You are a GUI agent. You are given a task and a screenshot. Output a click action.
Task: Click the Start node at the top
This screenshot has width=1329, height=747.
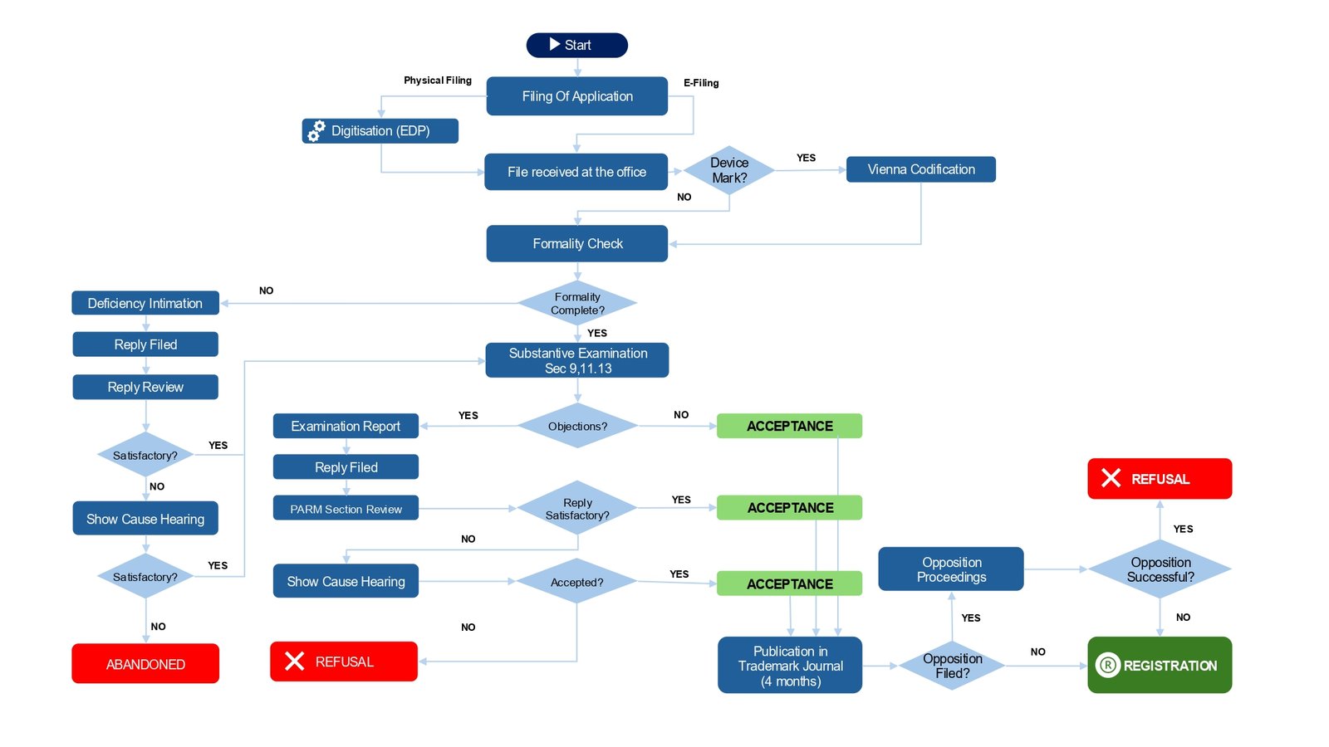point(576,45)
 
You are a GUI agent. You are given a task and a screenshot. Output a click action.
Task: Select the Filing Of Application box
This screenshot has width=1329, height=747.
point(576,96)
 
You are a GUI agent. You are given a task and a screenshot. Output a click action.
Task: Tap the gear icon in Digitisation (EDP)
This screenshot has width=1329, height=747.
point(316,131)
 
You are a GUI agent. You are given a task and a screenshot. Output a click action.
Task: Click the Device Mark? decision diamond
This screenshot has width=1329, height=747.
point(728,170)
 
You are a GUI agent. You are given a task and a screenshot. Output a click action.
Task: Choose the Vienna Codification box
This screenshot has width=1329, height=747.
point(920,169)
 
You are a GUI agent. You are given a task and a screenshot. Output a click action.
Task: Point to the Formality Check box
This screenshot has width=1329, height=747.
point(576,244)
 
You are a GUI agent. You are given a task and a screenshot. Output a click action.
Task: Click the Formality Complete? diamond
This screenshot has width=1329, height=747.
point(576,303)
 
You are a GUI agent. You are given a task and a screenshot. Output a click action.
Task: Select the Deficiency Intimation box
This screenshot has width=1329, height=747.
point(145,303)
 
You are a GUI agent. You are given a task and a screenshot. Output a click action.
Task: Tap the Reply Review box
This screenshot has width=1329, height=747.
point(145,387)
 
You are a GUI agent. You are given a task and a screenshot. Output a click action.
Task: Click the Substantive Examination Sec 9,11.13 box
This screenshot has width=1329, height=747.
point(576,360)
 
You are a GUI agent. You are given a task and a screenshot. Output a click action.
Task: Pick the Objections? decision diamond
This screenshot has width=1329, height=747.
point(576,426)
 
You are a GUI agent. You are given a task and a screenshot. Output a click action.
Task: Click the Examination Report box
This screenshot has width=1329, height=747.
point(346,426)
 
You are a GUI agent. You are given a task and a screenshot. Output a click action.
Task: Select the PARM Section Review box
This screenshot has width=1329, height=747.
point(346,509)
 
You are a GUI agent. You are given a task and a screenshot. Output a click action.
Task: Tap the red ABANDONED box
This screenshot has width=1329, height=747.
point(145,664)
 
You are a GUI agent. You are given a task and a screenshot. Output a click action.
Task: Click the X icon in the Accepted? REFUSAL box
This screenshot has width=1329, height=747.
point(294,661)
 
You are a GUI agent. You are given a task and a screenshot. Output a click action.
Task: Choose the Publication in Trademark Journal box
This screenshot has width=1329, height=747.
point(790,666)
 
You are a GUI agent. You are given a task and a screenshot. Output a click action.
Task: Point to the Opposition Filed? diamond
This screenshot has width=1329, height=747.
point(952,666)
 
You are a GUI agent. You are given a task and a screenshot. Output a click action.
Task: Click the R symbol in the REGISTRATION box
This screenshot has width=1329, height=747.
point(1108,665)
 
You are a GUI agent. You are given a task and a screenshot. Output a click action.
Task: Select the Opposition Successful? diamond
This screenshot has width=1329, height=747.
point(1160,569)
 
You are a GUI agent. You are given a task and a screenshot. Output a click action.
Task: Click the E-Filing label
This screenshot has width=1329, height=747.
point(701,83)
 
